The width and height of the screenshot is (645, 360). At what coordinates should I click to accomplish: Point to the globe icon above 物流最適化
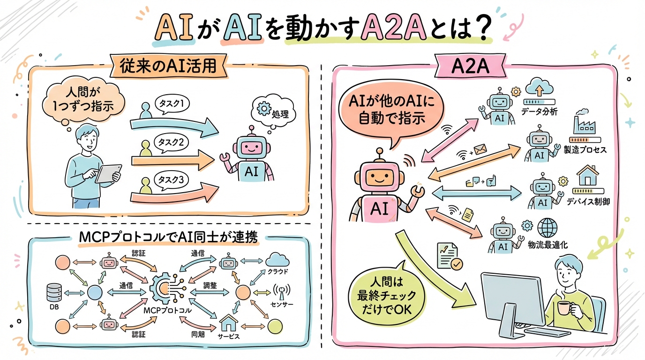(x=547, y=228)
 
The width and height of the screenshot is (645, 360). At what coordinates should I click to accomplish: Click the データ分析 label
(x=539, y=112)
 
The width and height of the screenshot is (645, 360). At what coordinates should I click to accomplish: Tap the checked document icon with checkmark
(x=449, y=256)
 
